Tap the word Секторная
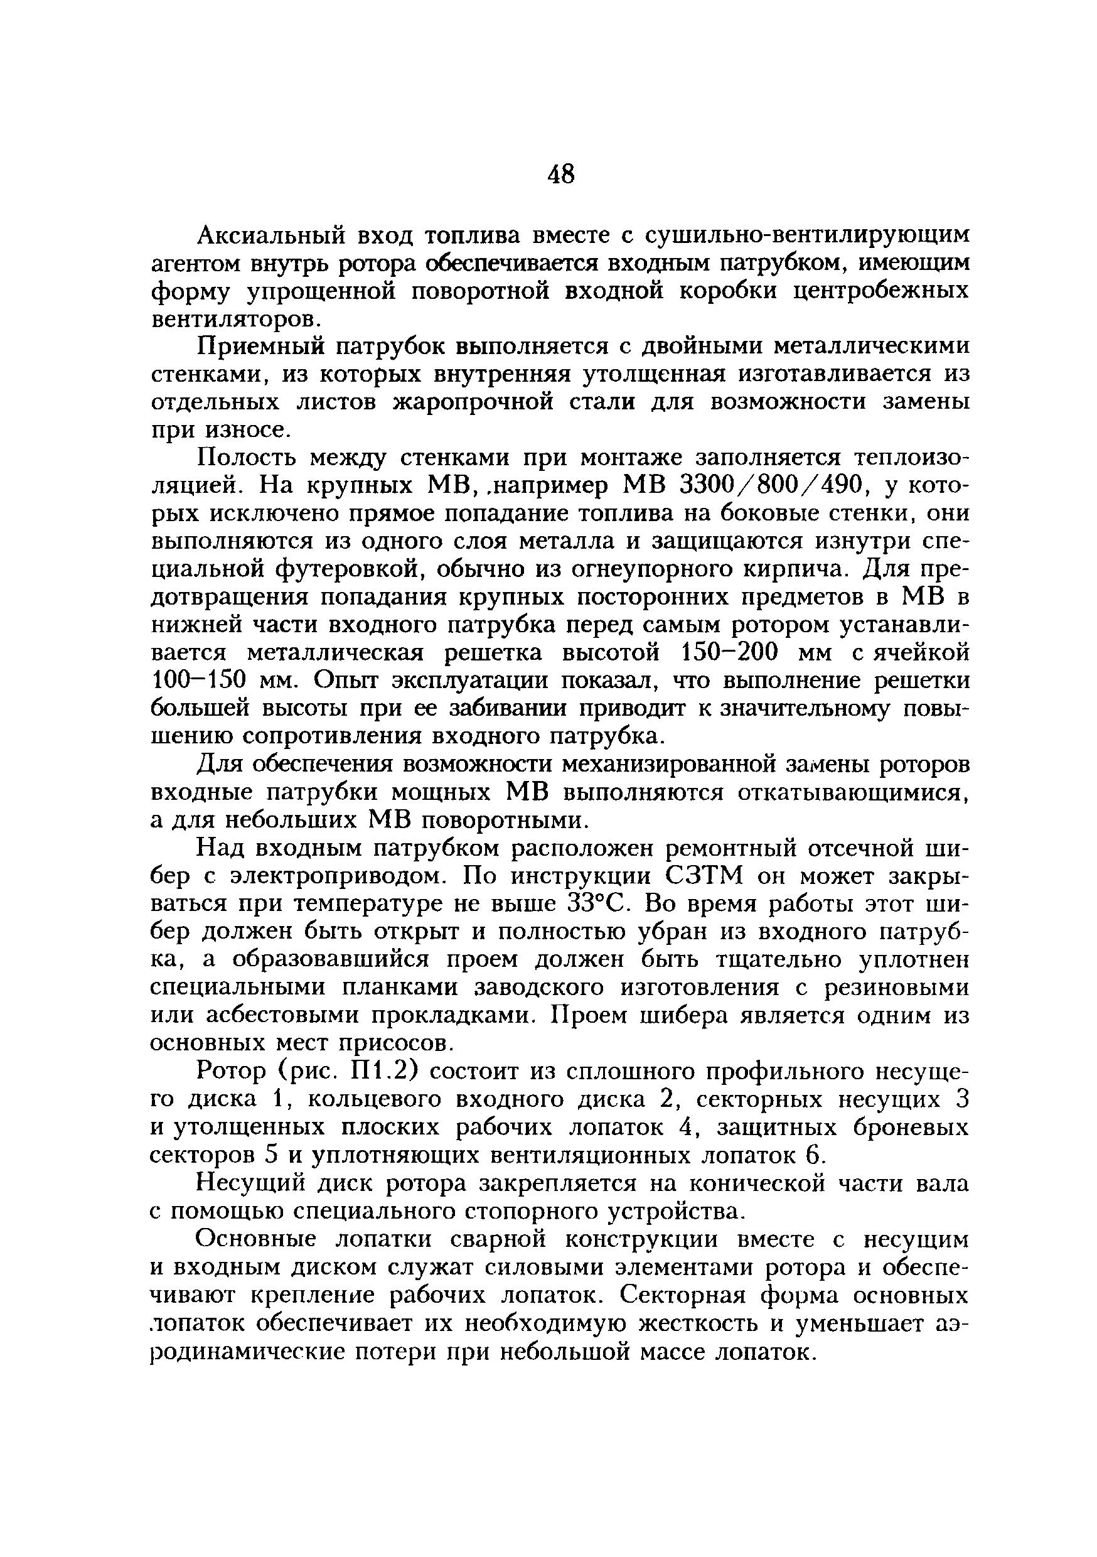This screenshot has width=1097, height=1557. point(684,1295)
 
